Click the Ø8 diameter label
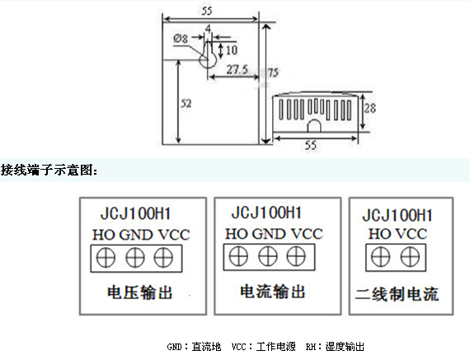tap(181, 39)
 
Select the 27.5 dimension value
tap(237, 69)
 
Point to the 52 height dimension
tap(186, 104)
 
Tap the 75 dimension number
tap(273, 72)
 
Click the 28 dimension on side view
tap(370, 108)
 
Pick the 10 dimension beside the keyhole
tap(232, 49)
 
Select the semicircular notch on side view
tap(314, 125)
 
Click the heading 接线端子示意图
tap(49, 171)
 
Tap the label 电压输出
tap(140, 292)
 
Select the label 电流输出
tap(273, 292)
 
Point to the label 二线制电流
tap(397, 294)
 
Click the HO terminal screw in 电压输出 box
tap(106, 258)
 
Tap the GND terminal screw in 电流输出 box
tap(268, 257)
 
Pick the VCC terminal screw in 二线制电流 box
tap(411, 257)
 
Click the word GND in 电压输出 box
tap(136, 235)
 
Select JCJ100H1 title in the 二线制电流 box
tap(397, 215)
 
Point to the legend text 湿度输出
tap(345, 347)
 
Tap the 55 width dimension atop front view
tap(207, 11)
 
